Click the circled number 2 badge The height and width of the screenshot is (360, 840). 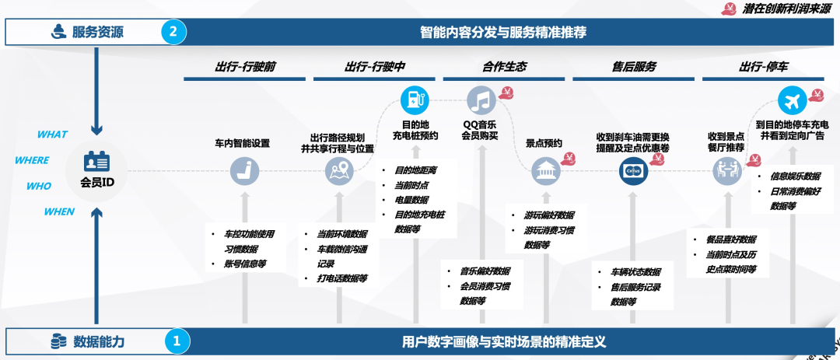[173, 32]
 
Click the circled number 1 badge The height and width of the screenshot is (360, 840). [177, 341]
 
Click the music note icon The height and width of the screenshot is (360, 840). [481, 101]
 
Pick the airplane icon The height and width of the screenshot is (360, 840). [791, 101]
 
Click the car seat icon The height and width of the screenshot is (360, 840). [244, 170]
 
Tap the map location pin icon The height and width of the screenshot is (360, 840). [338, 170]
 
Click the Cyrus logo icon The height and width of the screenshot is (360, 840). [632, 170]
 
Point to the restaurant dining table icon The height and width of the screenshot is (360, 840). [726, 170]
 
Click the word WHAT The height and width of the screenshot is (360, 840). [52, 135]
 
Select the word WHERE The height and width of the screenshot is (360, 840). [32, 160]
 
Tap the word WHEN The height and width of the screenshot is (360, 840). [59, 211]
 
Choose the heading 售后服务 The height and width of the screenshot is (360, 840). [634, 67]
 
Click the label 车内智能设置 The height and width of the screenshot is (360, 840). [242, 143]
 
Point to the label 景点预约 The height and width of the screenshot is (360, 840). [544, 143]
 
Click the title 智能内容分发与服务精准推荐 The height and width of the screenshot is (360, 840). [503, 32]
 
